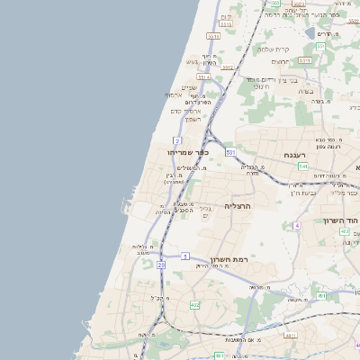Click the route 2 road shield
coord(177,141)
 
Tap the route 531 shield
coord(230,153)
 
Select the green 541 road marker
coord(303,166)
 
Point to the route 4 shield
coord(296,225)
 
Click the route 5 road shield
coord(184,256)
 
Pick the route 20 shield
coord(160,265)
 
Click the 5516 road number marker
coord(212,36)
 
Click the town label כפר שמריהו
coord(185,153)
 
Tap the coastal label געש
coord(192,61)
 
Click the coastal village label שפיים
coord(188,87)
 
